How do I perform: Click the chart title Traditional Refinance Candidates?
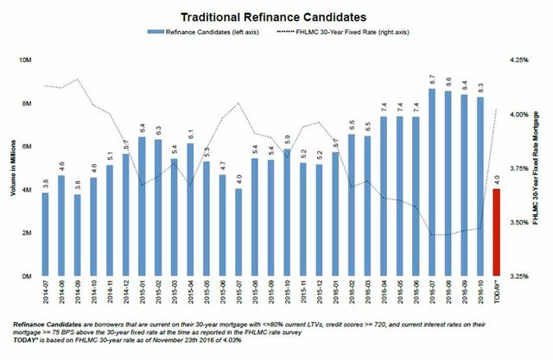(x=276, y=16)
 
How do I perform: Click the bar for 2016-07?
(x=431, y=182)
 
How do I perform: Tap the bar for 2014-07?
(x=45, y=234)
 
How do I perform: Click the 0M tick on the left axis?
(x=29, y=276)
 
